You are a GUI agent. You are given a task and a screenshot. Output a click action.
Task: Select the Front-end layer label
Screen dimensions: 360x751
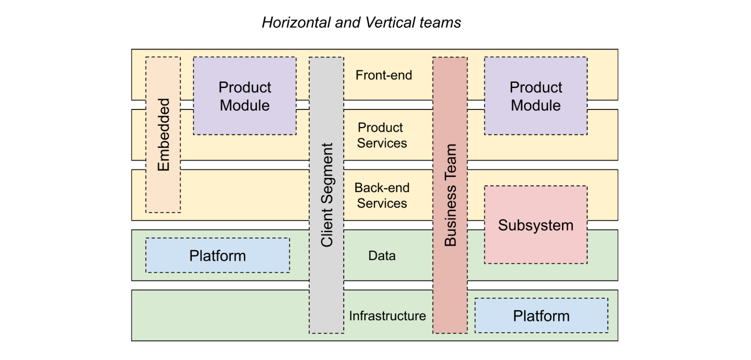point(383,75)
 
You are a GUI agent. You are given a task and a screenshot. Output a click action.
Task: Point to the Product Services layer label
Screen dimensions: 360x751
point(382,135)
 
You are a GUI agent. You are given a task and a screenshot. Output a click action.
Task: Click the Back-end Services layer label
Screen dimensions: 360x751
point(382,196)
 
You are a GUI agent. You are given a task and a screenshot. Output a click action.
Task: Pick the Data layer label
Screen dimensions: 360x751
point(382,256)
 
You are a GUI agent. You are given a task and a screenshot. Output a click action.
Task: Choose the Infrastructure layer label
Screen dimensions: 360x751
point(387,316)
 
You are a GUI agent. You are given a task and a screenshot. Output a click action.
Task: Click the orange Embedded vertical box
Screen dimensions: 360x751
point(163,134)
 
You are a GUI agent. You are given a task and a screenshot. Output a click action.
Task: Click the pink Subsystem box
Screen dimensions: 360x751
point(535,225)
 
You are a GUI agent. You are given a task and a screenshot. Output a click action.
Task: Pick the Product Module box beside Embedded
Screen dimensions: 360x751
point(244,96)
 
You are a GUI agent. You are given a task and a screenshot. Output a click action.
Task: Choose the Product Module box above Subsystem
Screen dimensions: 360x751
point(535,96)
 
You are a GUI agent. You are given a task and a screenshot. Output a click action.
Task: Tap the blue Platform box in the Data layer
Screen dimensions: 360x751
point(217,256)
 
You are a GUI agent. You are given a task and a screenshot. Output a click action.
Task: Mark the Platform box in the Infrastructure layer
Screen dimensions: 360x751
point(541,316)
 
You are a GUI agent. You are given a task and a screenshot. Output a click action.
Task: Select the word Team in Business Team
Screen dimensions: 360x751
point(450,162)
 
